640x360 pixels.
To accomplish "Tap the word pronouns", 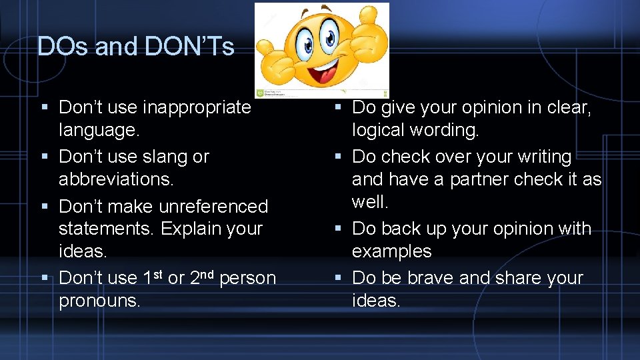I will click(x=100, y=301).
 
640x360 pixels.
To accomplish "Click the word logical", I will click(x=381, y=130).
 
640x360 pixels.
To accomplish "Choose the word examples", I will click(x=392, y=251).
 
